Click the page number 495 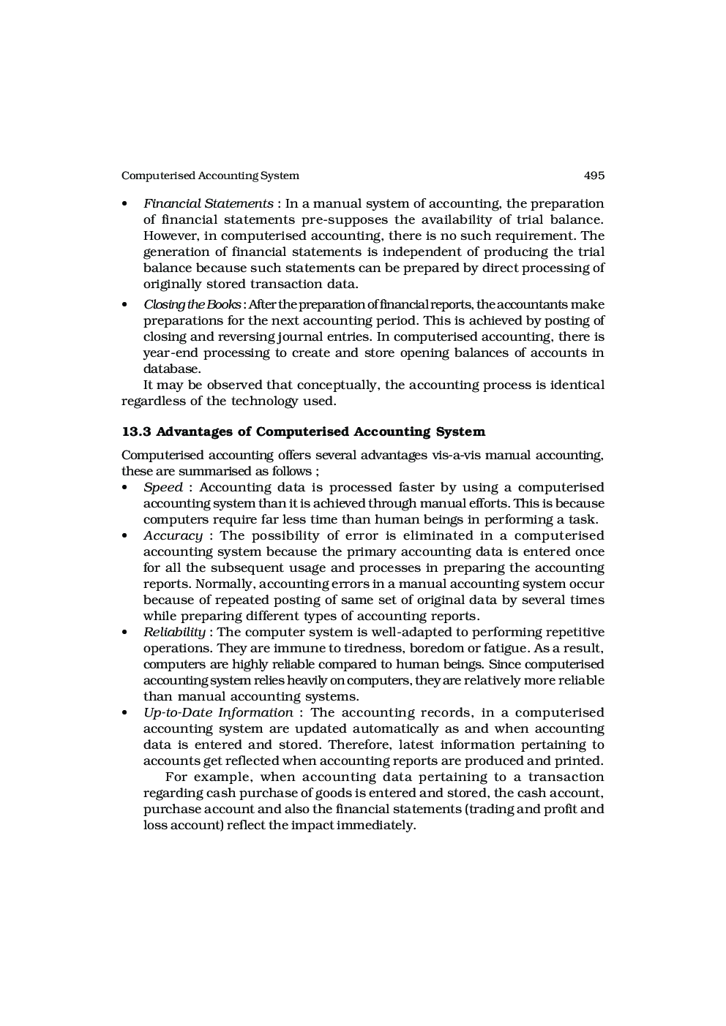(594, 176)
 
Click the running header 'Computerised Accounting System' (210, 176)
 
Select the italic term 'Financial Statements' (209, 203)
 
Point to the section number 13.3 (136, 431)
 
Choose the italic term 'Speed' (163, 487)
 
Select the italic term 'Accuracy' (173, 535)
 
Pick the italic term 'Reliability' (174, 632)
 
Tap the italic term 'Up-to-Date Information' (218, 712)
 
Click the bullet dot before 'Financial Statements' (125, 204)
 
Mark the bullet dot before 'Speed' (125, 488)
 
